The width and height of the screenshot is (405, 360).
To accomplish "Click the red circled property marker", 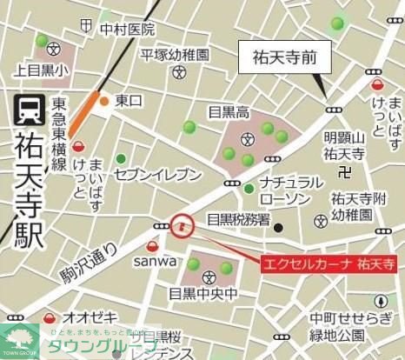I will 182,226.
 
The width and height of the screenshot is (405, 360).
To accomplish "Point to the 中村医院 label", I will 127,30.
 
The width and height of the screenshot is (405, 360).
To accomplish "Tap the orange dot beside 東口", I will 104,102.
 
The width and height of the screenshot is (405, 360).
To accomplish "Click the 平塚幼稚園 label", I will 176,55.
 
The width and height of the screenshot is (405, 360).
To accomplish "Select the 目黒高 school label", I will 229,111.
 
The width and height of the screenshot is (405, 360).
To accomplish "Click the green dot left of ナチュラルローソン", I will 249,188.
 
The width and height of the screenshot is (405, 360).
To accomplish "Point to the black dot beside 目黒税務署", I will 278,228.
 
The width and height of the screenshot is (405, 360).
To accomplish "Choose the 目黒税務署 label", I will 238,220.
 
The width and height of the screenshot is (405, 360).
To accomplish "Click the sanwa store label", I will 155,260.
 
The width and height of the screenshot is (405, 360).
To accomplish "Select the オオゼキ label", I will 89,318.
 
